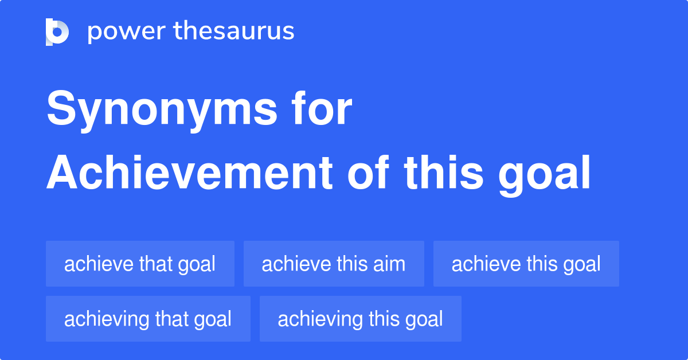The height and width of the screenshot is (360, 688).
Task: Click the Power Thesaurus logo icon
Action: (x=57, y=32)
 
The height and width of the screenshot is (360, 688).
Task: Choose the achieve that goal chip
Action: (x=140, y=264)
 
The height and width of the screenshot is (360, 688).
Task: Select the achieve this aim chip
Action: (x=334, y=264)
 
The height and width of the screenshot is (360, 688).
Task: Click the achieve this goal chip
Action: (x=526, y=264)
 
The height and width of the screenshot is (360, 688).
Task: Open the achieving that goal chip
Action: (x=148, y=319)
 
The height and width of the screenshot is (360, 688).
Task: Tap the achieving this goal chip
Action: (x=360, y=319)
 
